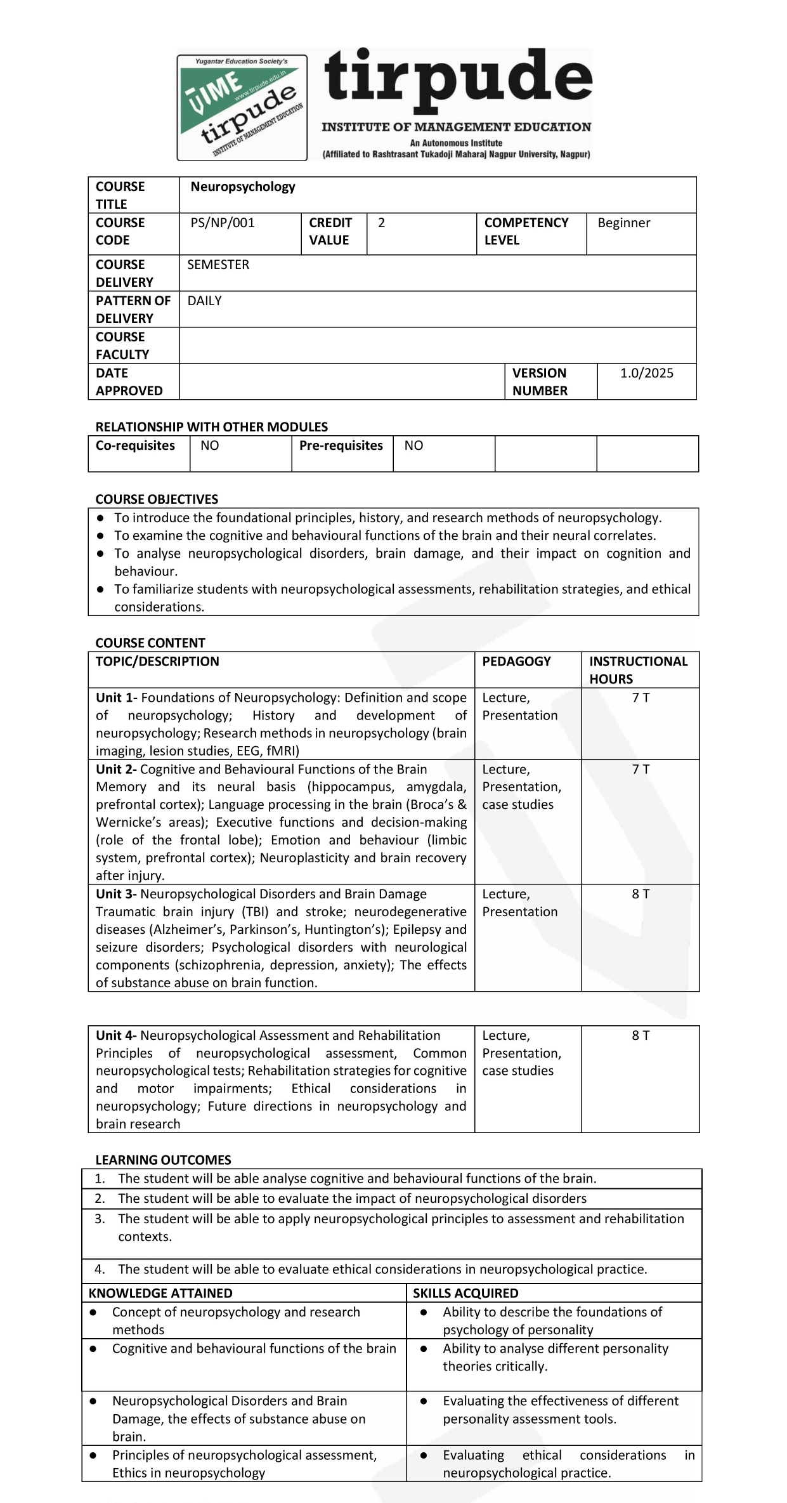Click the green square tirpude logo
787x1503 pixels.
(242, 107)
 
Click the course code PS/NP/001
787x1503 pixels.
(223, 223)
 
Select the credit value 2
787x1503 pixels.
(381, 223)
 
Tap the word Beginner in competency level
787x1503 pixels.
(623, 223)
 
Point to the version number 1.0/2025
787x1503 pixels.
(646, 373)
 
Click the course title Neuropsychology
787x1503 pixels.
(243, 187)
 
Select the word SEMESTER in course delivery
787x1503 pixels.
(218, 265)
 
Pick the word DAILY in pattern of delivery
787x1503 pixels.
(204, 301)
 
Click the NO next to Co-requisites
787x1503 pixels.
(209, 445)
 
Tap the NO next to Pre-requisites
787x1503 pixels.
(413, 445)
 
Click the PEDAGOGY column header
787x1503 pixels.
(516, 661)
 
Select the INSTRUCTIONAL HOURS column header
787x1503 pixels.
(638, 670)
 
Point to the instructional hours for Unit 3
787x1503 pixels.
(641, 894)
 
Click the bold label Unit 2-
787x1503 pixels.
(116, 769)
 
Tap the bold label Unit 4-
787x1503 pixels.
(116, 1035)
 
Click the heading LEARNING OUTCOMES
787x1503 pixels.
(163, 1160)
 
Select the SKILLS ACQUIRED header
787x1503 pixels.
(465, 1293)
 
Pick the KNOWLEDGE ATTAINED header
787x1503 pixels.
(160, 1293)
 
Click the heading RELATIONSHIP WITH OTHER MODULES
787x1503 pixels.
(211, 427)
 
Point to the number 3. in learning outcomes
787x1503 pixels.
(100, 1219)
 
